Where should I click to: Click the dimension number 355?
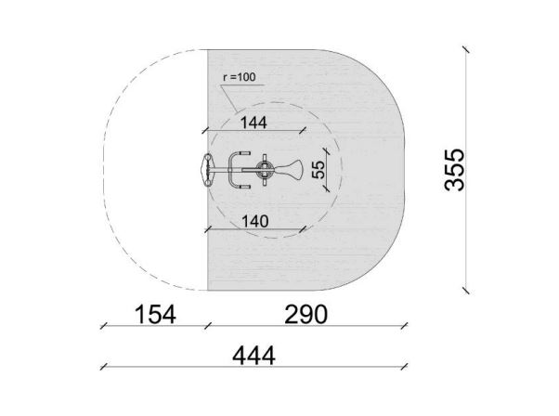pyautogui.click(x=455, y=170)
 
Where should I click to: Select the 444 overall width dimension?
pyautogui.click(x=253, y=356)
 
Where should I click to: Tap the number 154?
pyautogui.click(x=155, y=315)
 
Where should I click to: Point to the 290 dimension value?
pyautogui.click(x=305, y=315)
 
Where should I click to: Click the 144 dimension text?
pyautogui.click(x=253, y=123)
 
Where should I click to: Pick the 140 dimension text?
pyautogui.click(x=255, y=222)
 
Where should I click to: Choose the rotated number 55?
pyautogui.click(x=318, y=170)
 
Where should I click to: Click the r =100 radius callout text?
pyautogui.click(x=240, y=77)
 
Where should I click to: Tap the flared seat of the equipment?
pyautogui.click(x=290, y=170)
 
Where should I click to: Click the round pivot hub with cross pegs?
pyautogui.click(x=265, y=170)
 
